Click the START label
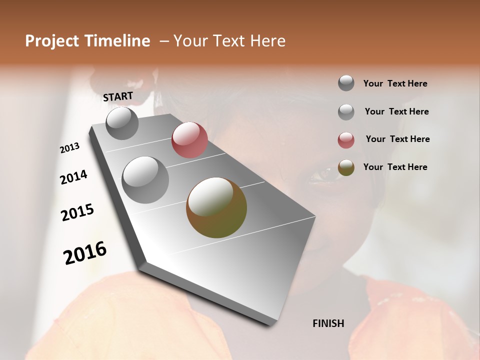(x=118, y=96)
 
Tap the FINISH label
(x=328, y=323)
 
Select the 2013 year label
(x=70, y=147)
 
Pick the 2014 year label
(x=73, y=177)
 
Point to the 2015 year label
(x=77, y=212)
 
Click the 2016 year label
(x=85, y=253)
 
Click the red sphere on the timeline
(x=189, y=140)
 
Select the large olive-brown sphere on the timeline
(x=216, y=207)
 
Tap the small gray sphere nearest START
(x=122, y=123)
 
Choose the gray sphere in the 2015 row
(x=145, y=180)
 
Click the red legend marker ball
(x=346, y=140)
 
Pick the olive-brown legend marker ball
(x=346, y=167)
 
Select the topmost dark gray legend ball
(x=346, y=83)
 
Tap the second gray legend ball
(x=346, y=112)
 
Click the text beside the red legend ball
(x=397, y=139)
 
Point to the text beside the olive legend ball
(x=395, y=167)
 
